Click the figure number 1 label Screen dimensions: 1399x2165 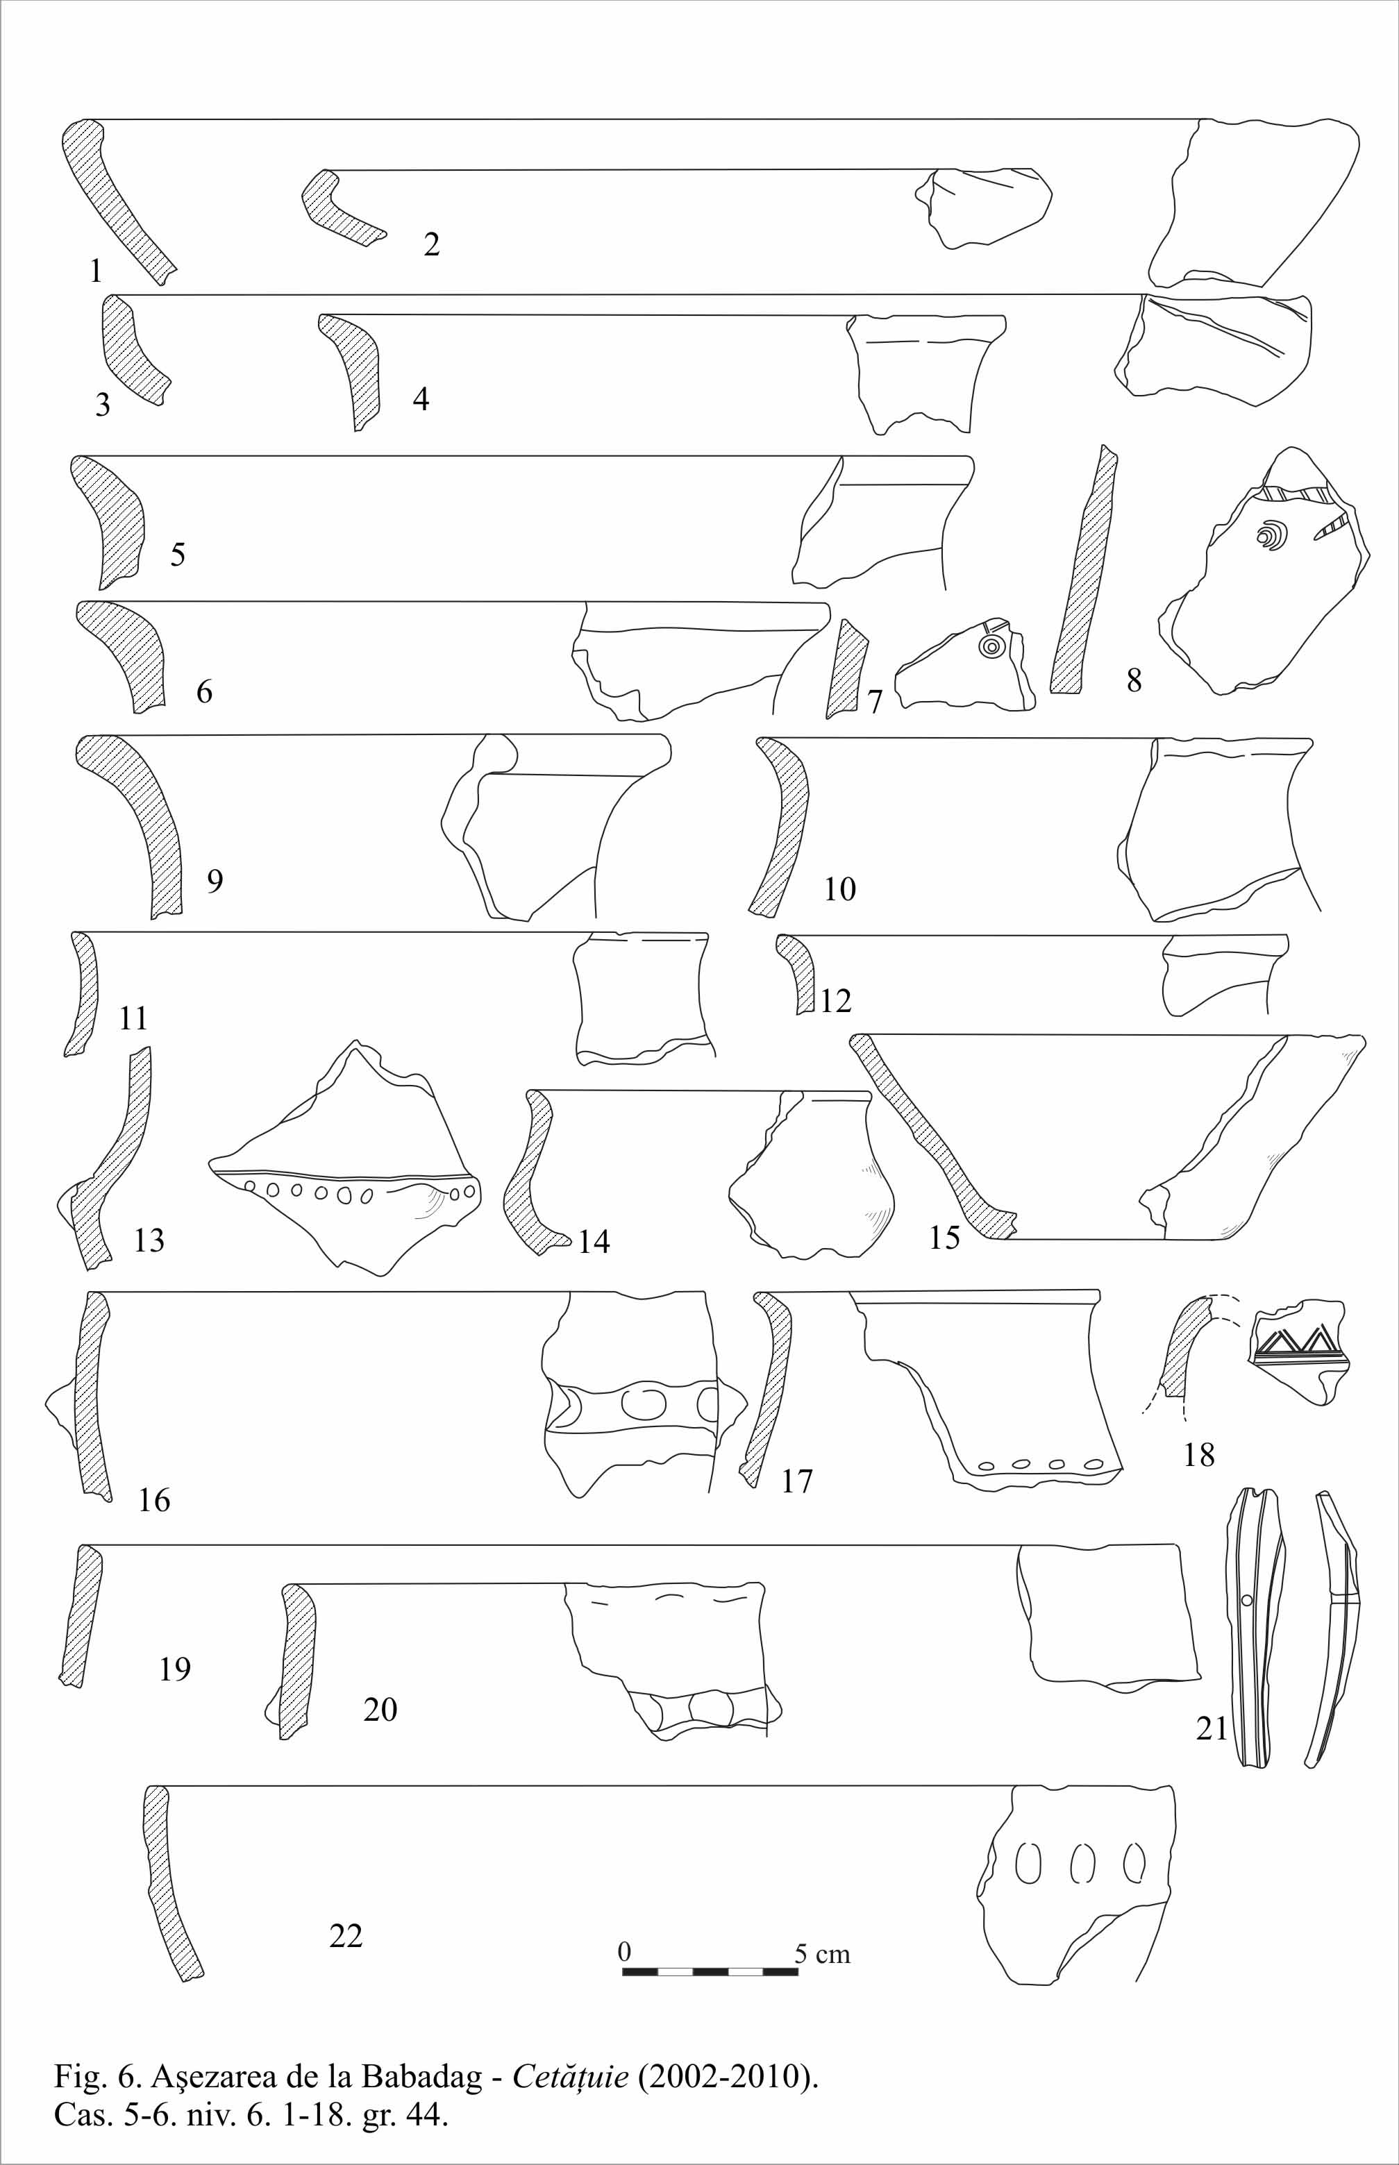click(x=95, y=271)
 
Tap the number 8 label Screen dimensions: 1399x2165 click(x=1134, y=680)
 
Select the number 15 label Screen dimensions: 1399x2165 click(x=944, y=1236)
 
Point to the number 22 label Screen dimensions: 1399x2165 click(x=345, y=1935)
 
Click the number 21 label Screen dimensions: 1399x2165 click(x=1211, y=1728)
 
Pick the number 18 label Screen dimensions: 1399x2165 click(x=1198, y=1454)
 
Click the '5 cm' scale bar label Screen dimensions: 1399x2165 click(x=822, y=1953)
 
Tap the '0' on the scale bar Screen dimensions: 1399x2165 click(x=624, y=1951)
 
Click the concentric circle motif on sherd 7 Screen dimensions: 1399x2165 click(x=990, y=647)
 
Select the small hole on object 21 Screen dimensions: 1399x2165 click(x=1246, y=1600)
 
